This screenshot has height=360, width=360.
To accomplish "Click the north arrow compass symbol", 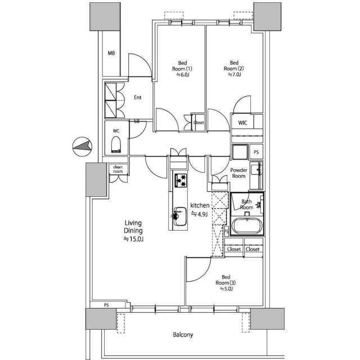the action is point(82,147).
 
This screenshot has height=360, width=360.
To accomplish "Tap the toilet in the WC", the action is point(116,145).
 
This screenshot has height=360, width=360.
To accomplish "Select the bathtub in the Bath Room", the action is point(247,225).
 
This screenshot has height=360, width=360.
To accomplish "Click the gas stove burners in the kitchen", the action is point(181,180).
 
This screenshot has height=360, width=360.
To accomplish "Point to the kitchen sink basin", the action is point(180,216).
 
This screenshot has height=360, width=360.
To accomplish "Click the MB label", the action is point(111,53).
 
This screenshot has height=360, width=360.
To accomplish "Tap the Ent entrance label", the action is point(137,97).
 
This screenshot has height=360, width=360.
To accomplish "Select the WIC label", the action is point(242,123).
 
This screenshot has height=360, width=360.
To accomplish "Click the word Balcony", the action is point(183,335).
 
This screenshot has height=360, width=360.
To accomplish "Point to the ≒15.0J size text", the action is point(133,239).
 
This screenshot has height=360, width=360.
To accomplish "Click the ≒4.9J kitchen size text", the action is point(199,214).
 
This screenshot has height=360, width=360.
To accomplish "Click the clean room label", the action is point(118,169).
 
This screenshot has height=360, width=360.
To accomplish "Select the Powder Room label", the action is point(238,173).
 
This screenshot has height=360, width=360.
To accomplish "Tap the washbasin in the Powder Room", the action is point(256,170).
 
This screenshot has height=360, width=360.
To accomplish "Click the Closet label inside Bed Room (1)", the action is point(199,123).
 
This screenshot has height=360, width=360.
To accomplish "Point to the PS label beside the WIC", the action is point(256,152).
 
